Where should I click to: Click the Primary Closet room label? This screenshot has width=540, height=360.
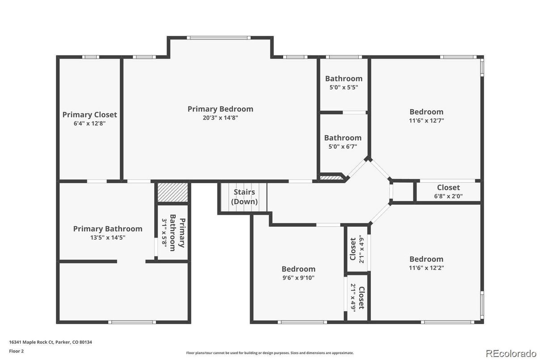[89, 115]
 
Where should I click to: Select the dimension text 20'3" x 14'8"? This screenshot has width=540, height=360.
[220, 118]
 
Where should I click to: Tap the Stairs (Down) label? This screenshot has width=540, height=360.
[244, 197]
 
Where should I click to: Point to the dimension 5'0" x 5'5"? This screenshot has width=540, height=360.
[344, 88]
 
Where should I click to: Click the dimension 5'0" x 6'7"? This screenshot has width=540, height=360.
[343, 146]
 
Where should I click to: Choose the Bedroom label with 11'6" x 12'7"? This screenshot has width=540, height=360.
[426, 112]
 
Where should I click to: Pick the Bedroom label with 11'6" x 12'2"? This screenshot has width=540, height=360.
[426, 259]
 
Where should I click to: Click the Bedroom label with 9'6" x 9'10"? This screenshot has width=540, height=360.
[298, 269]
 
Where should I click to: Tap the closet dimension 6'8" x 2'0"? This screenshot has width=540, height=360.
[448, 196]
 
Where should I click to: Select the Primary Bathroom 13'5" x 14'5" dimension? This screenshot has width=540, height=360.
[108, 238]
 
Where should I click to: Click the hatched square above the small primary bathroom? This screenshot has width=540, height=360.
[172, 193]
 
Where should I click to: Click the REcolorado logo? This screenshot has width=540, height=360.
[510, 353]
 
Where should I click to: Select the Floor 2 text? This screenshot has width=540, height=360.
[16, 351]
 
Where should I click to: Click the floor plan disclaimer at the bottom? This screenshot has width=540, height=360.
[270, 353]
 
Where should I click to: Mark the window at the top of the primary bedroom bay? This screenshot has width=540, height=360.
[219, 38]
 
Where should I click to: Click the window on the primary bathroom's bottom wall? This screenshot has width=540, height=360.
[132, 322]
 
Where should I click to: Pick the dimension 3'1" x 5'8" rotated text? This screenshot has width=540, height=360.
[164, 233]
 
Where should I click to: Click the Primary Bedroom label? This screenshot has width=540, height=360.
[220, 109]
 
